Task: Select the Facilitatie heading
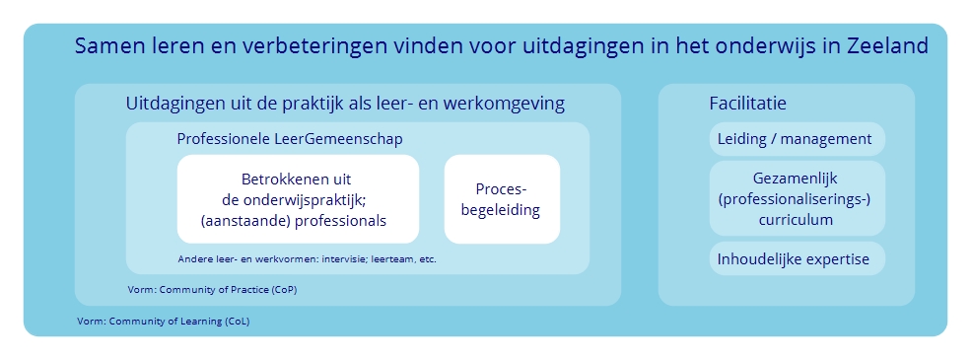pos(747,103)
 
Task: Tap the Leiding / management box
pos(797,139)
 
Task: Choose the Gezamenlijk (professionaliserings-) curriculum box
pos(797,198)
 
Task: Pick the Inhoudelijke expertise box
pos(797,258)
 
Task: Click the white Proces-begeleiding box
pos(502,199)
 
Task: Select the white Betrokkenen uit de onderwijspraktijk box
pos(298,199)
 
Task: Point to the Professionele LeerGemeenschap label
pos(290,139)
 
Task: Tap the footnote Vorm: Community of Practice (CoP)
pos(212,290)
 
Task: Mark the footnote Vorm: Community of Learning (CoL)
pos(163,322)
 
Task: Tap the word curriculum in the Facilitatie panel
pos(796,220)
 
